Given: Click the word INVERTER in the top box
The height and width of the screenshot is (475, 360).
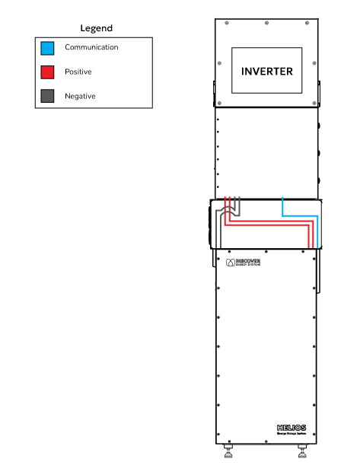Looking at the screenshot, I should [x=266, y=71].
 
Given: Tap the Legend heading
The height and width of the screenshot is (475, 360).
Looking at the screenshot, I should [x=97, y=28].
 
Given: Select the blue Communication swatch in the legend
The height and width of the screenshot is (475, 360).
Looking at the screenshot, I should [x=47, y=48].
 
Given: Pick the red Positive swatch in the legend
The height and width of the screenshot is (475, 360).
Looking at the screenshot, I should [x=47, y=72].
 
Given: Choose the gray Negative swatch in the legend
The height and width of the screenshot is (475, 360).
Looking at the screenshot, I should [x=47, y=96].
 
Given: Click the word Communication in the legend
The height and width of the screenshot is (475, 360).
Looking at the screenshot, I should [x=91, y=47].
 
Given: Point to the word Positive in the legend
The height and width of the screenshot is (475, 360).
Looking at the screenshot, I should [x=78, y=72].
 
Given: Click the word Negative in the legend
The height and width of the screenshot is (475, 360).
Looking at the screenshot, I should [x=80, y=96].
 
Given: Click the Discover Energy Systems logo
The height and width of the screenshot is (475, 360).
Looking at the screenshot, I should [x=244, y=262].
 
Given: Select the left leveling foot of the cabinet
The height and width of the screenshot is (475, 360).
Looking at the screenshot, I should [x=228, y=454].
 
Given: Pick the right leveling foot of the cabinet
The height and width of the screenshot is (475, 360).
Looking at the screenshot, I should [x=303, y=454].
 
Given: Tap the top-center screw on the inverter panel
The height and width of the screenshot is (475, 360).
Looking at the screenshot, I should [x=266, y=22].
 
